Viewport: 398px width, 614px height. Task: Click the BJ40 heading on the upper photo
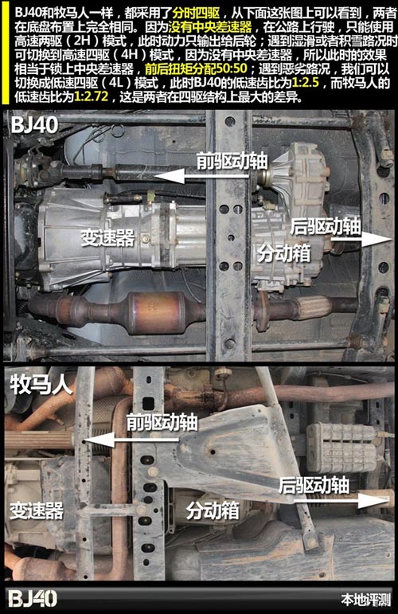coord(35,124)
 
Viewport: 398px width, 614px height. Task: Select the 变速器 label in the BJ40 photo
coord(107,237)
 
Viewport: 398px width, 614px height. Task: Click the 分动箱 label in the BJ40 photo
coord(283,253)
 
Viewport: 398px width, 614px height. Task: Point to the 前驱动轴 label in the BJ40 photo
coord(232,161)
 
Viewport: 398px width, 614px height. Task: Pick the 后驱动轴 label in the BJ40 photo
coord(326,226)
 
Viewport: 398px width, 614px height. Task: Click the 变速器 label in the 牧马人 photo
coord(37,510)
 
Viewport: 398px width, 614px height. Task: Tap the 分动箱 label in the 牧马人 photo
coord(213,510)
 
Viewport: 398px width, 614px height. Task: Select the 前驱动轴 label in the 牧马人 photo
coord(162,423)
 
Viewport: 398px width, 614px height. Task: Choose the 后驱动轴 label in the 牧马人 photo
coord(314,485)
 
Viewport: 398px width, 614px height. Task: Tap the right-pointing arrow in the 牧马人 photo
coord(341,501)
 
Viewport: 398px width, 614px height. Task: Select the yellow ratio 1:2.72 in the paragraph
coord(91,96)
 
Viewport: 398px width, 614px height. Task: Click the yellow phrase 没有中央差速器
coord(210,27)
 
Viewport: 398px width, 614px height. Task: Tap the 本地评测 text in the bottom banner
coord(366,600)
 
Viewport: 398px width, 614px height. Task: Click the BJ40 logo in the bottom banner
coord(33,599)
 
